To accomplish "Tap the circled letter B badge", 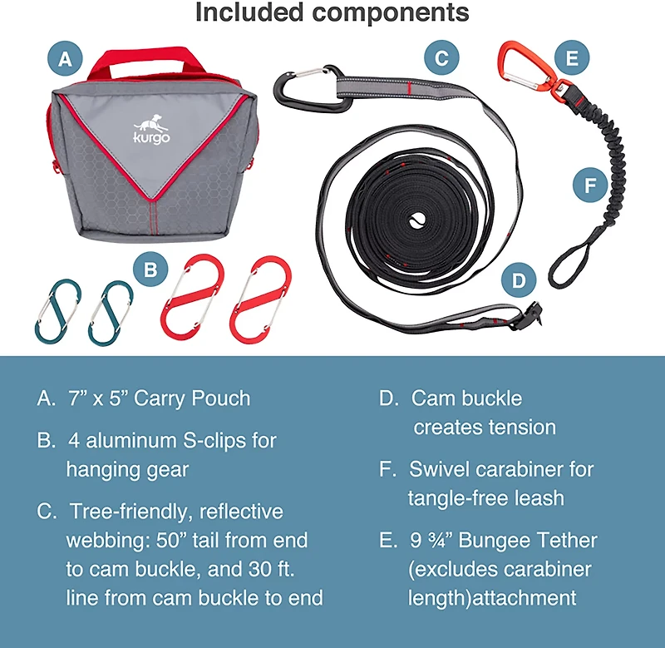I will tap(150, 270).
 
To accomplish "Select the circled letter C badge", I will tap(441, 58).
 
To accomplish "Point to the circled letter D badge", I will tap(519, 280).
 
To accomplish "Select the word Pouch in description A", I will tap(219, 398).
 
